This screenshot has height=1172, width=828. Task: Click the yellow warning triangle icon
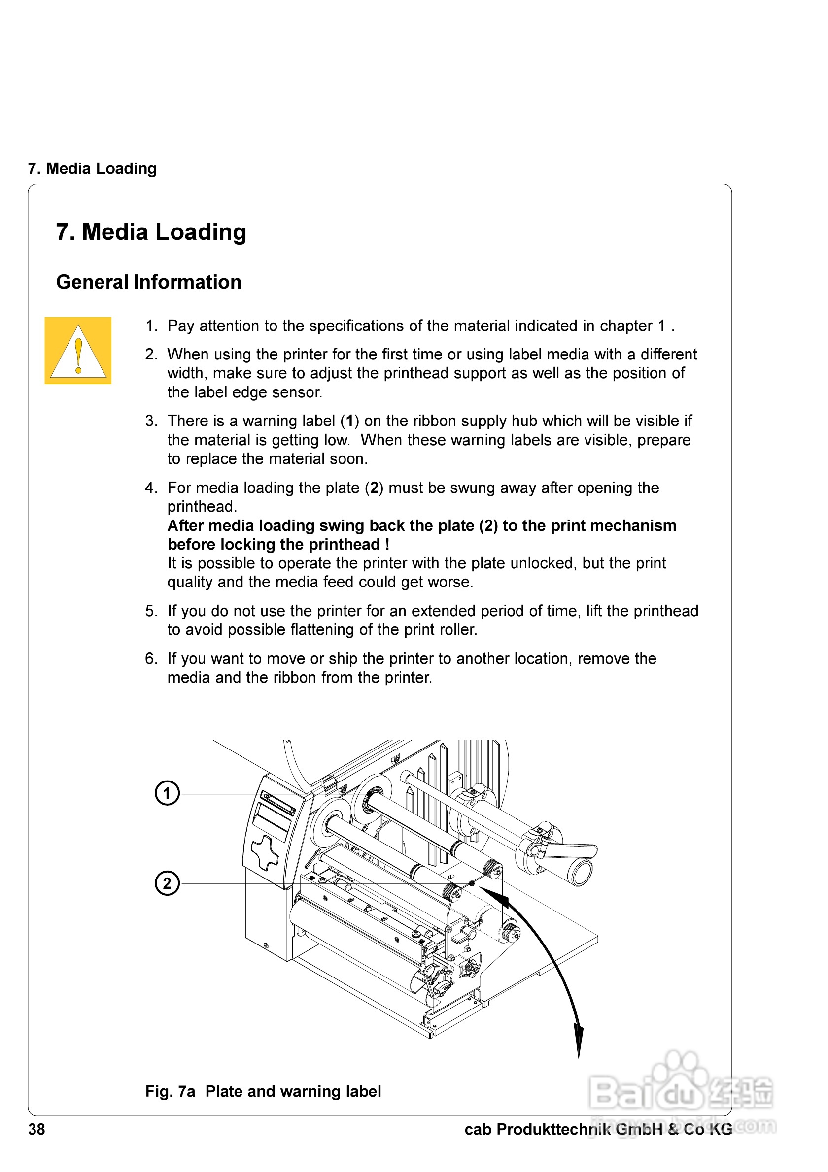(x=78, y=351)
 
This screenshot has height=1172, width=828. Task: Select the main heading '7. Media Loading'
(x=151, y=232)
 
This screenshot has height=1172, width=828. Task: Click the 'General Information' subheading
(x=148, y=282)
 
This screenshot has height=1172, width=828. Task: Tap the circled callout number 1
(x=167, y=793)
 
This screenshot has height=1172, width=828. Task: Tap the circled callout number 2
(x=167, y=883)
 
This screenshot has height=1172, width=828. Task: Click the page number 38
(x=36, y=1129)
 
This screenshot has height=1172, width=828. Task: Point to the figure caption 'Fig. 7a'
(x=170, y=1091)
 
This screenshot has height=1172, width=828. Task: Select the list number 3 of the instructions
(x=151, y=421)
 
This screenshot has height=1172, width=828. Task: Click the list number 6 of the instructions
(x=151, y=658)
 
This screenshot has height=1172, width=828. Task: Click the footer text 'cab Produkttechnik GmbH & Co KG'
(x=598, y=1129)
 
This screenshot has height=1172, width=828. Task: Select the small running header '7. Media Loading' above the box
(x=92, y=168)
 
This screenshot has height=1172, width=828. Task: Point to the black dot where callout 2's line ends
(x=472, y=883)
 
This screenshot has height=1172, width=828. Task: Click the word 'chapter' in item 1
(x=626, y=326)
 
